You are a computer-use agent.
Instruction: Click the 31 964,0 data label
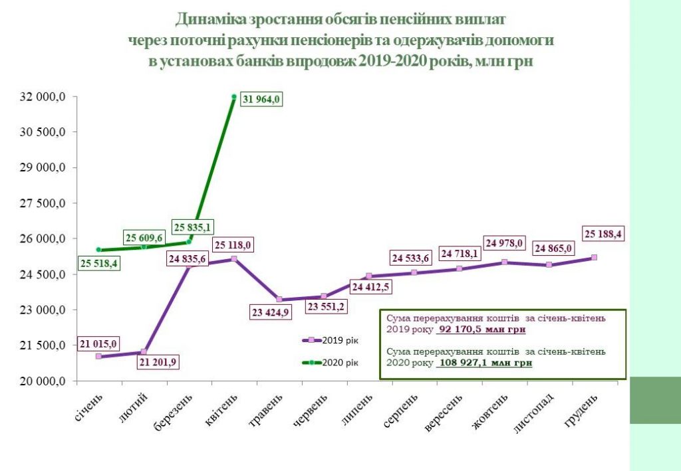coord(261,100)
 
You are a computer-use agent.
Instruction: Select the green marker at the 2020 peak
coord(234,97)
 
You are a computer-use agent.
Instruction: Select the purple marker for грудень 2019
coord(595,256)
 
